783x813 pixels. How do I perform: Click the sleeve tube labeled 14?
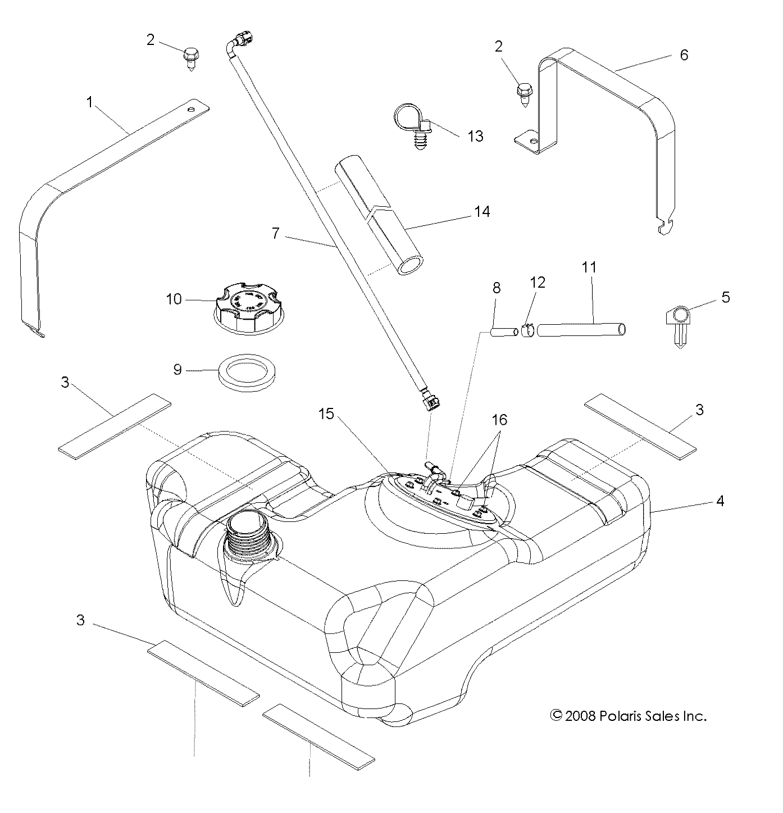pos(380,217)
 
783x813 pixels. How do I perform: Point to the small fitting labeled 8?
pos(504,333)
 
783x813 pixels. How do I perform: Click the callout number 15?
pos(326,414)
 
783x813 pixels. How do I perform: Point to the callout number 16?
pos(499,420)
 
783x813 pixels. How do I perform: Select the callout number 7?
pos(275,233)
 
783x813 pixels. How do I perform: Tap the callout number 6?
pos(684,55)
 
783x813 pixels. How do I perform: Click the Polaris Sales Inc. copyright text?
pos(627,715)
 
